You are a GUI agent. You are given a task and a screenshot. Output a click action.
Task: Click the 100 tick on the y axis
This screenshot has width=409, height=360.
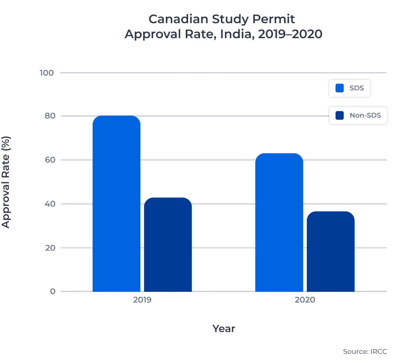click(x=47, y=73)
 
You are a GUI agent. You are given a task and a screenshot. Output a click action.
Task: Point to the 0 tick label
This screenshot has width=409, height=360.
click(x=52, y=291)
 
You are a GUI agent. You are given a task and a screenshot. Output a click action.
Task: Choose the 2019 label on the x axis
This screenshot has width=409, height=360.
click(x=142, y=300)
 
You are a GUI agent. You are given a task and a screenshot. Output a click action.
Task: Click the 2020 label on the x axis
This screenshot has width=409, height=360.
click(x=305, y=300)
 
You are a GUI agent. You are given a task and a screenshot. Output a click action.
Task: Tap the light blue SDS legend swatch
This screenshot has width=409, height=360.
click(x=339, y=88)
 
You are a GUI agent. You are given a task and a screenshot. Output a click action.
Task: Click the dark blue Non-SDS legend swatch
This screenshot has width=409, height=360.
click(x=339, y=116)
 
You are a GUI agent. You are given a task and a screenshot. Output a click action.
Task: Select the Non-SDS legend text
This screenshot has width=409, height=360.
click(x=365, y=116)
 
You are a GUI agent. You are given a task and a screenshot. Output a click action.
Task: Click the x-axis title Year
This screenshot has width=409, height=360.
click(x=224, y=329)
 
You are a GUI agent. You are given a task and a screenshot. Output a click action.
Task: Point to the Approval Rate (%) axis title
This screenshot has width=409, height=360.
click(x=6, y=182)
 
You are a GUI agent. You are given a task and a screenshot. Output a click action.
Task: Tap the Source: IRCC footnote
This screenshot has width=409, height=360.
click(x=365, y=351)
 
